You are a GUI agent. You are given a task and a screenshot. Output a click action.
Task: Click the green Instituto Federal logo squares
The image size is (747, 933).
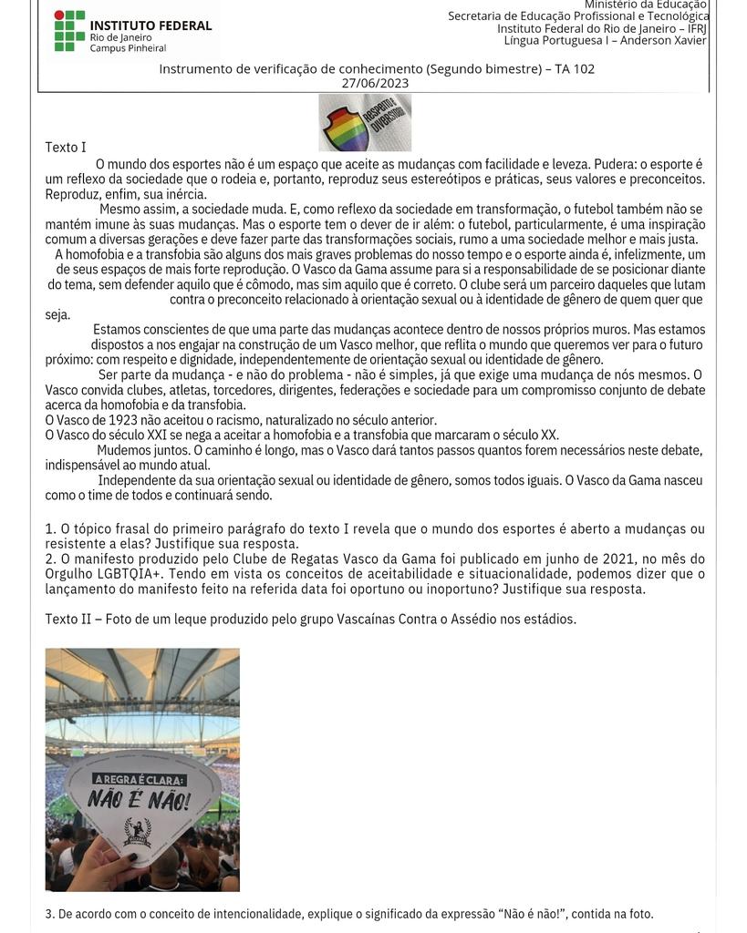[69, 31]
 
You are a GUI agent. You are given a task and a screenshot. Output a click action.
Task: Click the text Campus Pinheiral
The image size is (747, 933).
[128, 48]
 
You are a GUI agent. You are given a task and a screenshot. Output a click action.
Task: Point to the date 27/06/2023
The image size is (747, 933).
[375, 83]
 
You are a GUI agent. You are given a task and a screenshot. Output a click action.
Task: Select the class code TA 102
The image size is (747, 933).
[574, 68]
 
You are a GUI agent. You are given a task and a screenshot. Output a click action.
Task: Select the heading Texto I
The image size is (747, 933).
[66, 147]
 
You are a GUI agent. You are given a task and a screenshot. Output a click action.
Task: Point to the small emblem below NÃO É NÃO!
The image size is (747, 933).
[137, 831]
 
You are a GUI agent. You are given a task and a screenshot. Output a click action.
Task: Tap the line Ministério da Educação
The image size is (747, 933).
[645, 5]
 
